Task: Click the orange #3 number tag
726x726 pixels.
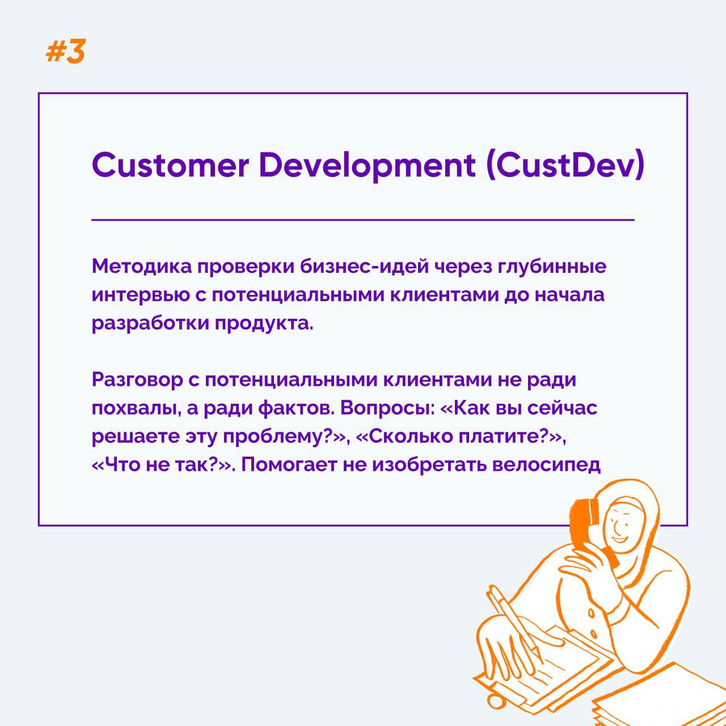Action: (x=65, y=51)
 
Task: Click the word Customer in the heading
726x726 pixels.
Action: (x=170, y=165)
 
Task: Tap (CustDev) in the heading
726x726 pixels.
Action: (x=565, y=166)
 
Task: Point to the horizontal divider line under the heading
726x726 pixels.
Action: (x=363, y=220)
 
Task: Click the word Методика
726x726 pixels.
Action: (x=141, y=267)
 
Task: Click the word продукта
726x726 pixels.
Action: (x=264, y=324)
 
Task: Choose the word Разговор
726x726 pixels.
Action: (x=137, y=381)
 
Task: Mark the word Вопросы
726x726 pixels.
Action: (x=385, y=408)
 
